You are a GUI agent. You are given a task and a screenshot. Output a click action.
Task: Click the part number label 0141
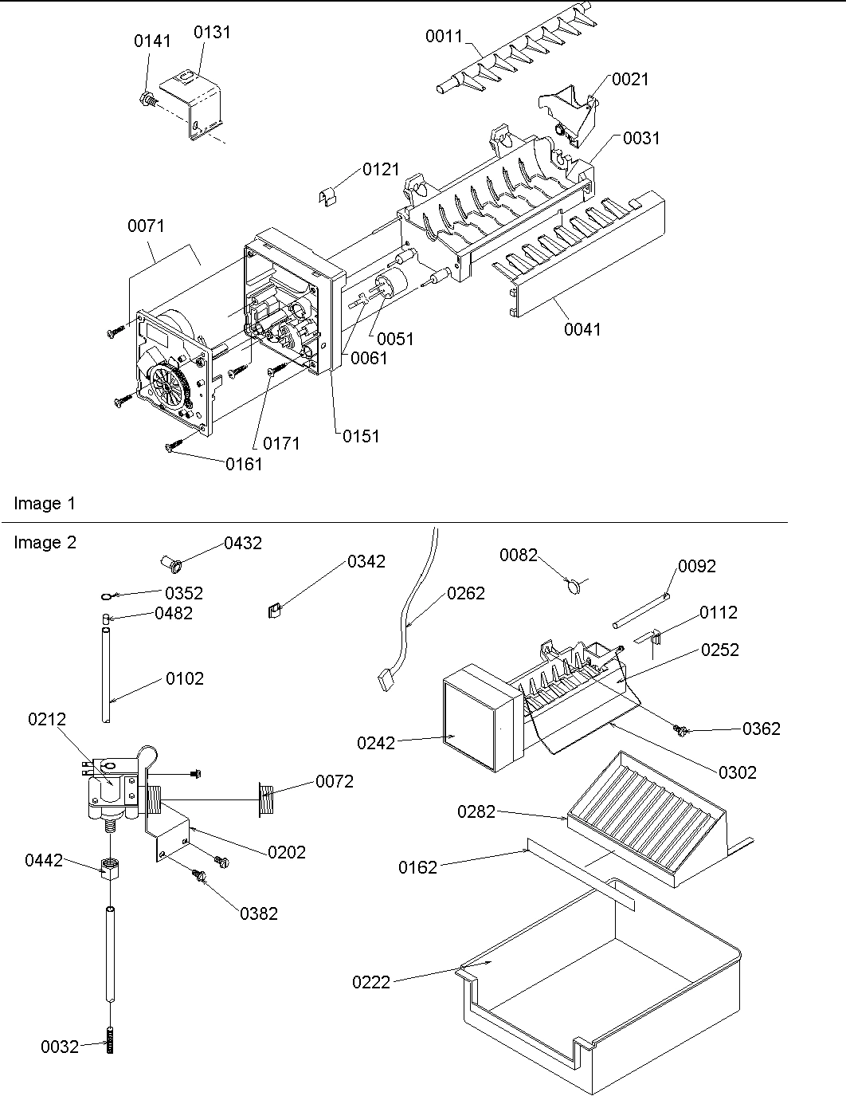click(151, 41)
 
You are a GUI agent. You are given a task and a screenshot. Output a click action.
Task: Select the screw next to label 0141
click(147, 100)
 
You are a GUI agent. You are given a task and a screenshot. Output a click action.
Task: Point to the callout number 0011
click(444, 36)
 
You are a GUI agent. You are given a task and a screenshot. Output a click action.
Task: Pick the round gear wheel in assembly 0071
click(169, 387)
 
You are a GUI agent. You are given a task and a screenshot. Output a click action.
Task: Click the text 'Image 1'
click(45, 504)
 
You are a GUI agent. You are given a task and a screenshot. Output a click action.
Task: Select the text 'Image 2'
click(45, 543)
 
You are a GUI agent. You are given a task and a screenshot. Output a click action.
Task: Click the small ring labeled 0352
click(108, 595)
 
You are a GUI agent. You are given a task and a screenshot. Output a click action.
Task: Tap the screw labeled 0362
click(681, 729)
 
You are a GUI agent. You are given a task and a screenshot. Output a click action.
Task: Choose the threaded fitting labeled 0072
click(268, 799)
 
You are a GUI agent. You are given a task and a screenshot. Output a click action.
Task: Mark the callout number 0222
click(371, 982)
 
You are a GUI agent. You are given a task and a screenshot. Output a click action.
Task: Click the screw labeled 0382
click(199, 876)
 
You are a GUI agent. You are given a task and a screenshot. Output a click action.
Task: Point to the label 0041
click(583, 328)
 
